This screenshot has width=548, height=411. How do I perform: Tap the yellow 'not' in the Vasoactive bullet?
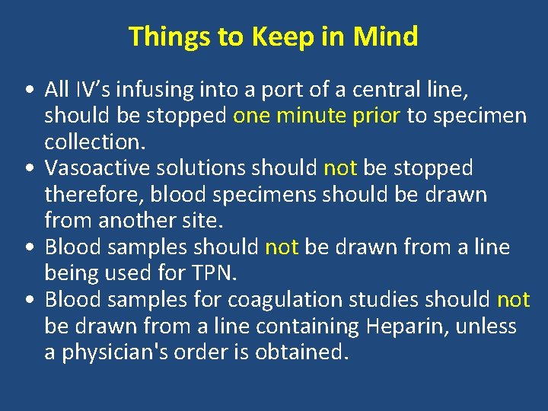[x=340, y=168]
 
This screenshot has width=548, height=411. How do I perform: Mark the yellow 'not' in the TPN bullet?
[x=281, y=247]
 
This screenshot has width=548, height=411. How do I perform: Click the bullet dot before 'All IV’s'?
[x=27, y=91]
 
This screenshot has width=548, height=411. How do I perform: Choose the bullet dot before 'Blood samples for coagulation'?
[x=27, y=301]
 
